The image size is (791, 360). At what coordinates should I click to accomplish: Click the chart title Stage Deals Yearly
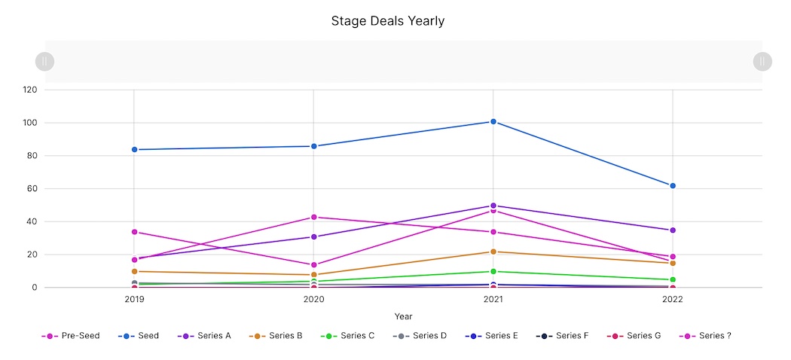(388, 21)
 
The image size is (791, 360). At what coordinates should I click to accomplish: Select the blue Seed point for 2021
(493, 121)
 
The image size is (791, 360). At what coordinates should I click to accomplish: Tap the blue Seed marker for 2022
(673, 185)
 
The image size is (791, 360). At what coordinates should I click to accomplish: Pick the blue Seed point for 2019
(134, 149)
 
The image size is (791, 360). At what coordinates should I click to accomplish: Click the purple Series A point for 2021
(493, 206)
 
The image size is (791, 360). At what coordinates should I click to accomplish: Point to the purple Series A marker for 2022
(673, 230)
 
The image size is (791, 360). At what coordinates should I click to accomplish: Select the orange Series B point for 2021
(493, 252)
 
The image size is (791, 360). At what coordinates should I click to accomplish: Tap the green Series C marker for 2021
(493, 271)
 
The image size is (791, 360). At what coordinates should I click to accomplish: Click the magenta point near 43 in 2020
(314, 217)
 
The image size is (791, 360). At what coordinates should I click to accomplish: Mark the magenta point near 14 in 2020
(314, 265)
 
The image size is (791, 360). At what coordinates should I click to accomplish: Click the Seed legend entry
(141, 336)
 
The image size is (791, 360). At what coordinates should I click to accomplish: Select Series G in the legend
(636, 336)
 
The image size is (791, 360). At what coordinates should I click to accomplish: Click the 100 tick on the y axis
(30, 123)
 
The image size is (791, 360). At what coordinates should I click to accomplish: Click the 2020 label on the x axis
(314, 300)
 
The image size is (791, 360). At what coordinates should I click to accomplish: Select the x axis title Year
(403, 316)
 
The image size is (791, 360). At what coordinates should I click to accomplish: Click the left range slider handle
(44, 61)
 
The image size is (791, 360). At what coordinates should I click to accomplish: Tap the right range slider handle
(762, 61)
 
